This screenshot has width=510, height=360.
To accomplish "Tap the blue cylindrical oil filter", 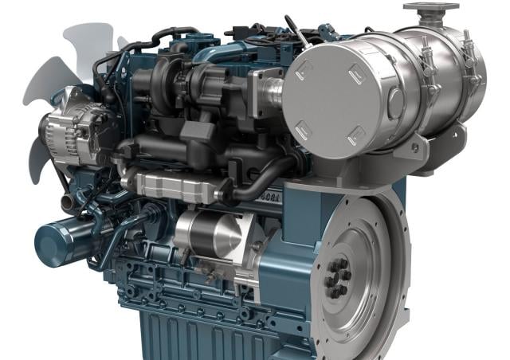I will click(x=60, y=238).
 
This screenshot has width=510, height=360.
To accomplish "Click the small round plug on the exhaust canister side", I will click(x=396, y=103).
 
